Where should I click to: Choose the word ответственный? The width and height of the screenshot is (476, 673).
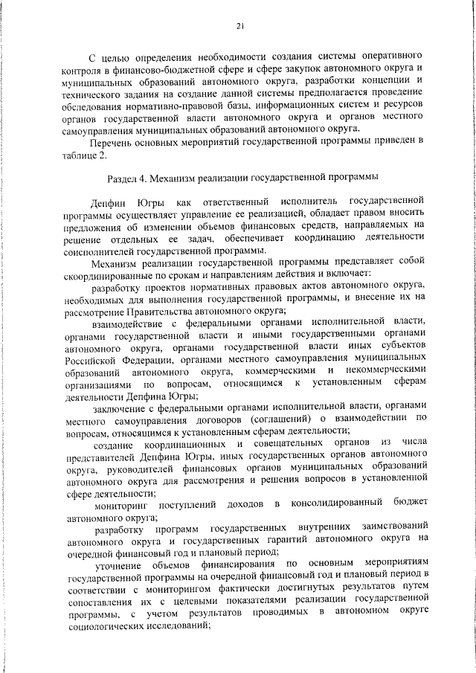[x=233, y=201]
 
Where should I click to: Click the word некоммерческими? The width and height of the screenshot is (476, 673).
[x=386, y=370]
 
